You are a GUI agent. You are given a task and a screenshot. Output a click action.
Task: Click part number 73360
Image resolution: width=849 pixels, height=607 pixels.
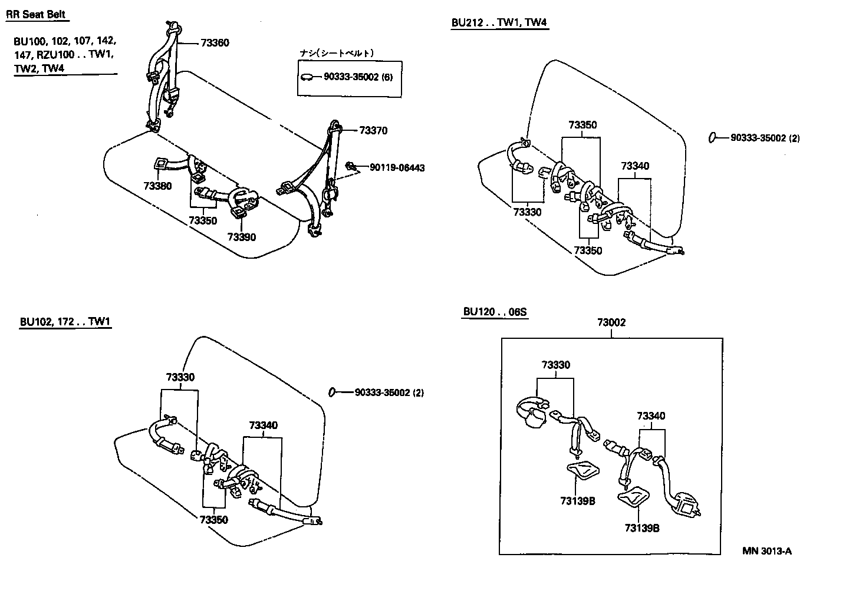(x=215, y=43)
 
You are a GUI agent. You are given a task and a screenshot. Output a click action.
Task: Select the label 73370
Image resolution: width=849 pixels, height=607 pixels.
(x=373, y=131)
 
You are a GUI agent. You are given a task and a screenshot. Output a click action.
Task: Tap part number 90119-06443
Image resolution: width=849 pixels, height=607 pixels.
(x=397, y=168)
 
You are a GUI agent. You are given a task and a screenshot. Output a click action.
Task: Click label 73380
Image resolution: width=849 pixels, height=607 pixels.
(x=157, y=186)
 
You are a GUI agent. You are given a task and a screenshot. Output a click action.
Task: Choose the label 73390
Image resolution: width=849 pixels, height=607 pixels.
(x=242, y=237)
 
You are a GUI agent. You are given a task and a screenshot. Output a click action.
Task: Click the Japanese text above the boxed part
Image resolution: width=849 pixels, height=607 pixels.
(x=337, y=53)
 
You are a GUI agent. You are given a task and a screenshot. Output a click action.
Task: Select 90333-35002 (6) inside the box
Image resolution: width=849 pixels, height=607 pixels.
(x=358, y=77)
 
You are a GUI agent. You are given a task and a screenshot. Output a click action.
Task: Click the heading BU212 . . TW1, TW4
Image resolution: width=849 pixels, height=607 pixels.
(x=499, y=23)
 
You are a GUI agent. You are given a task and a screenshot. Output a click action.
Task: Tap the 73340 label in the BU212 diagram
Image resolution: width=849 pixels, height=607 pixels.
(x=634, y=166)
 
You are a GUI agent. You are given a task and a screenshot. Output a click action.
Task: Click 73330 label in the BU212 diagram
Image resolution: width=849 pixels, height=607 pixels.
(x=526, y=212)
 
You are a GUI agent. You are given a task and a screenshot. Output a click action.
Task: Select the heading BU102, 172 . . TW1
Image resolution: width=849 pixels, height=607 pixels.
(x=65, y=322)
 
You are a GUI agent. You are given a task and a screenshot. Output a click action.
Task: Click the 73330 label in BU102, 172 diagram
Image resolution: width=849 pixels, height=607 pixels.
(x=180, y=377)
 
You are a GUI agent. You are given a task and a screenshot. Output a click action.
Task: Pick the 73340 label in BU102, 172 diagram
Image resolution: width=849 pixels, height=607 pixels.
(x=263, y=425)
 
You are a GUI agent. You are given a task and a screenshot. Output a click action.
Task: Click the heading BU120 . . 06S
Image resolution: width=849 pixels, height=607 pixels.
(x=494, y=312)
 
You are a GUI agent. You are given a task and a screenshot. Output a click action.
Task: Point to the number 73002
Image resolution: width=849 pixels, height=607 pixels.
(x=611, y=323)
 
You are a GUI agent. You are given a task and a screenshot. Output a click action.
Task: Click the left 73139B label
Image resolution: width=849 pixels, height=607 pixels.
(x=577, y=501)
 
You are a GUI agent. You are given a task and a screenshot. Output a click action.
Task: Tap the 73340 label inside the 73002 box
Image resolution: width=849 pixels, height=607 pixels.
(x=650, y=417)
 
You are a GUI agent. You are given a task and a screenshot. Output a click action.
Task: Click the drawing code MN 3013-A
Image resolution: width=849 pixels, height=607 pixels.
(x=766, y=552)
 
